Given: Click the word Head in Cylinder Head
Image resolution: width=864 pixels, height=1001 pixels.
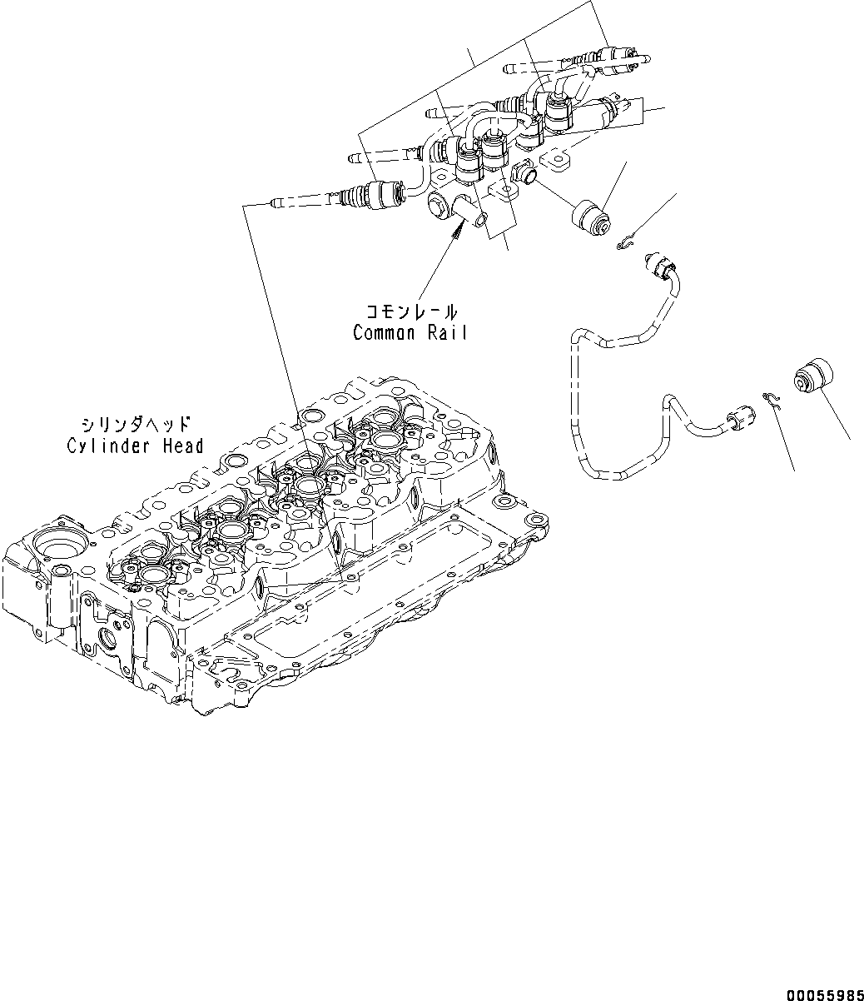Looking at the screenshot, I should [x=183, y=446].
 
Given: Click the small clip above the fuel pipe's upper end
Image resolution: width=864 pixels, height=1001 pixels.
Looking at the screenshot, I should [x=627, y=243].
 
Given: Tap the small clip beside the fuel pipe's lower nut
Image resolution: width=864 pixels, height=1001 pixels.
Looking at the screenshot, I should [x=770, y=399].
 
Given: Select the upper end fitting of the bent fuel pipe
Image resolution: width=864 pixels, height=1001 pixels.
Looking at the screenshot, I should [x=663, y=266].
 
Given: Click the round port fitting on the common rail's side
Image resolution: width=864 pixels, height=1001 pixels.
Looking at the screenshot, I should [x=524, y=175].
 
